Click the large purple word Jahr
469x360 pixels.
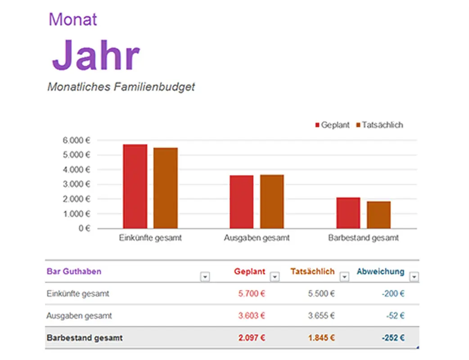[x=95, y=55]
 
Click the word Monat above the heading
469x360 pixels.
[x=72, y=19]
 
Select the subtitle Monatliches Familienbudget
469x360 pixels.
[x=121, y=87]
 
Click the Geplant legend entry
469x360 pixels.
[x=332, y=125]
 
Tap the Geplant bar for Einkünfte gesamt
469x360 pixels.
[x=135, y=186]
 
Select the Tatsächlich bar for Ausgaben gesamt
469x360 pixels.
[x=272, y=202]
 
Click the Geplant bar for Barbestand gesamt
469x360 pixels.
[x=348, y=213]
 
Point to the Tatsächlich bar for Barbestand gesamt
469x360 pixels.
[x=379, y=215]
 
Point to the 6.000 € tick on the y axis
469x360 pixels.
[x=77, y=140]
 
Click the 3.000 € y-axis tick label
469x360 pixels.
[x=77, y=184]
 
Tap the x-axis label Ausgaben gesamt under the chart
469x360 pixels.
[x=257, y=238]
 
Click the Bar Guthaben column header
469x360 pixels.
[x=74, y=271]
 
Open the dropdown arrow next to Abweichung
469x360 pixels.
[x=414, y=277]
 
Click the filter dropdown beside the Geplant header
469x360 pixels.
[x=274, y=277]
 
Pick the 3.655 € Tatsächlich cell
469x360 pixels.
[x=321, y=316]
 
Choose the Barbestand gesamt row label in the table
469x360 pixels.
[x=85, y=337]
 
